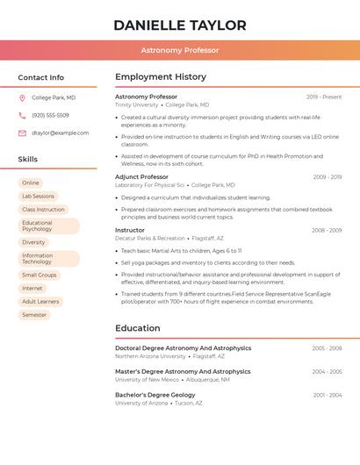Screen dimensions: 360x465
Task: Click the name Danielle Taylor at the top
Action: pos(179,25)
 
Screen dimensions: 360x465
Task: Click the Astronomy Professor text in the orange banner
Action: pos(179,51)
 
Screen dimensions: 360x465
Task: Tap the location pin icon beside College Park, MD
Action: pos(22,98)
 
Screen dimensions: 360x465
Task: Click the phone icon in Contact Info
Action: pos(22,116)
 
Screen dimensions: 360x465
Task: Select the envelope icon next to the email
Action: pos(22,133)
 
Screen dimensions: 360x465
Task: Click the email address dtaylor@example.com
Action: pos(60,133)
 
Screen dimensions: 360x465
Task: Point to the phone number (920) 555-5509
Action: pos(50,116)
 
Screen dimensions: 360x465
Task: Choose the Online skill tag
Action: pos(31,182)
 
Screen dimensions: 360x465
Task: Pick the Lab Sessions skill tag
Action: pos(38,197)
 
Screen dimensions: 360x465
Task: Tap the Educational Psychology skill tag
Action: pos(48,226)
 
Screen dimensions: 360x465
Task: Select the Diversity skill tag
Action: pos(33,242)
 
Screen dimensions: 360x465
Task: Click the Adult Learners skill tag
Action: pos(40,302)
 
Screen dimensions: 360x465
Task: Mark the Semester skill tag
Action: pos(34,315)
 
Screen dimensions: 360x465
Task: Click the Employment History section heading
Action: pos(161,77)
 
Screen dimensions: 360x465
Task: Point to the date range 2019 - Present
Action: pos(324,97)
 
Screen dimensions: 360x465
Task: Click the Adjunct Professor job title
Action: pos(141,177)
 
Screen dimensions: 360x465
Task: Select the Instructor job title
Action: pos(130,230)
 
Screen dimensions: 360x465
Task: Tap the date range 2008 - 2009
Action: pos(327,231)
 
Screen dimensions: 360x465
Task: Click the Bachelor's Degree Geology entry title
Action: pos(155,395)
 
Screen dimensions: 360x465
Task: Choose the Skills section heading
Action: pos(28,160)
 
